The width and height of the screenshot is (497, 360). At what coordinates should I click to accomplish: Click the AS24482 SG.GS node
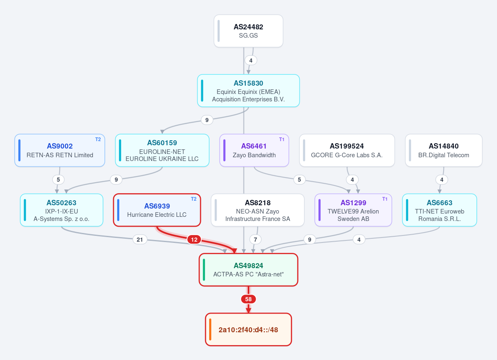(x=248, y=31)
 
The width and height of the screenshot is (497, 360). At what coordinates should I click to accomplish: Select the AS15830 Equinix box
(x=248, y=91)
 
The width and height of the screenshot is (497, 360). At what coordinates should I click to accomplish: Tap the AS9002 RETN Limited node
(x=60, y=150)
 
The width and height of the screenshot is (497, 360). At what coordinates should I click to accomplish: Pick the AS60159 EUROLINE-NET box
(x=162, y=150)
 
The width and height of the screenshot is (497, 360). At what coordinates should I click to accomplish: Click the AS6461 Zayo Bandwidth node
(x=254, y=150)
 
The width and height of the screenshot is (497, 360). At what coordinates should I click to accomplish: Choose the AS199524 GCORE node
(x=347, y=150)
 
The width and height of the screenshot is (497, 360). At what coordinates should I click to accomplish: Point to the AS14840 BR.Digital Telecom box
(x=444, y=150)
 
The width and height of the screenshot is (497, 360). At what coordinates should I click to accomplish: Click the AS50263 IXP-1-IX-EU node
(x=61, y=210)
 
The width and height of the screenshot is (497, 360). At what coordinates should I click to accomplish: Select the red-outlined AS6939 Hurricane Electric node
(x=157, y=210)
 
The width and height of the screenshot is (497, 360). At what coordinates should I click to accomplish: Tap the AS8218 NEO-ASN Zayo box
(x=257, y=210)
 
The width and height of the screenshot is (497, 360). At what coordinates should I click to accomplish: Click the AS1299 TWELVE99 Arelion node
(x=353, y=210)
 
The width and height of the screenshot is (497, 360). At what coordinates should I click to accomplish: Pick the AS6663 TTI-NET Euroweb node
(x=439, y=210)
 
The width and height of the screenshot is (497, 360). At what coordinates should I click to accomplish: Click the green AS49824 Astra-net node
(x=248, y=270)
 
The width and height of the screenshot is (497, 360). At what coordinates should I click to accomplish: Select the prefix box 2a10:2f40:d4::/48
(x=248, y=329)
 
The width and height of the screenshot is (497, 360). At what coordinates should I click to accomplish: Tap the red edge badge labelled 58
(x=248, y=299)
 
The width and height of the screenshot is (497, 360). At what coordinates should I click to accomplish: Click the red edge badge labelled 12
(x=194, y=240)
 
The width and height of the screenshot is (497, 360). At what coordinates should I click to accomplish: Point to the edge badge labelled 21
(x=140, y=240)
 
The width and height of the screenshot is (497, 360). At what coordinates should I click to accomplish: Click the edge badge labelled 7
(x=256, y=240)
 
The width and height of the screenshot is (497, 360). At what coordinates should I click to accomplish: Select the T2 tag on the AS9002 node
(x=98, y=139)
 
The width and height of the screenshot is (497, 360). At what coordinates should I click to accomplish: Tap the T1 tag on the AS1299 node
(x=385, y=199)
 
